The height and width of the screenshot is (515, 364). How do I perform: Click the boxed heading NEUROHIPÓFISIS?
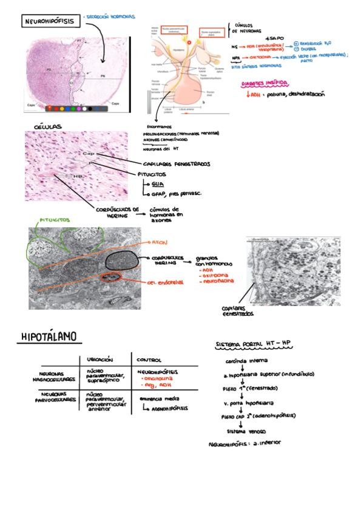click(50, 22)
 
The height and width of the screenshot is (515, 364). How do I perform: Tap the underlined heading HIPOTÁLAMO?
click(52, 336)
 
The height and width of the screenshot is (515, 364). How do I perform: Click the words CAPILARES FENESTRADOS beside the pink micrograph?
click(177, 163)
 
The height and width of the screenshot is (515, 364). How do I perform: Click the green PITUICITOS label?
click(55, 219)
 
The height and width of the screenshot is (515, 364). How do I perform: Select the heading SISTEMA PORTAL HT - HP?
click(254, 344)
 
